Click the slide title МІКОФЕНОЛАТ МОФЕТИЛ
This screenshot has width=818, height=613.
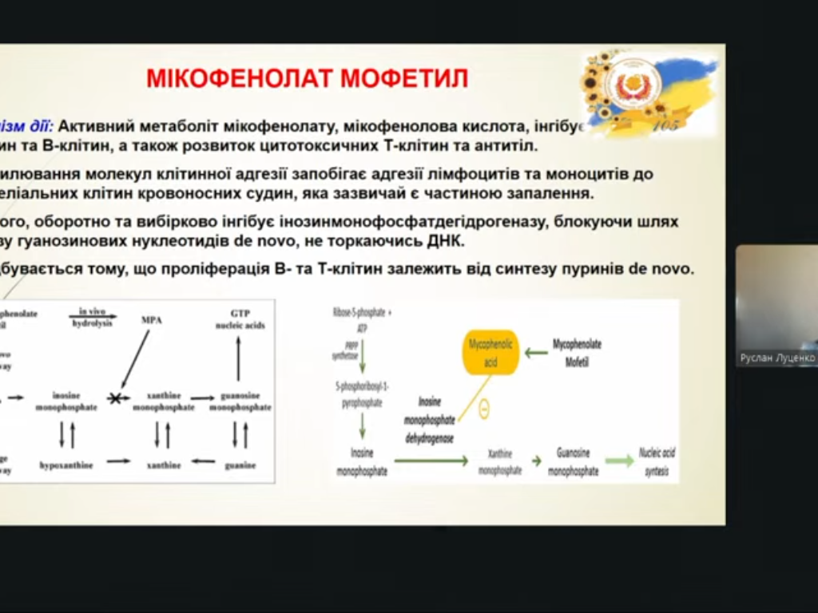307,78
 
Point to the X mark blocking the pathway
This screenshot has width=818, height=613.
116,397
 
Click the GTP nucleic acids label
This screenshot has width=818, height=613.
240,319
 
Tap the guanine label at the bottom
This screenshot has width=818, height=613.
240,465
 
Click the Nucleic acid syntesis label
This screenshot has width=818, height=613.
657,461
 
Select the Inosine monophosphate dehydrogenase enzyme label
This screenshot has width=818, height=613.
430,420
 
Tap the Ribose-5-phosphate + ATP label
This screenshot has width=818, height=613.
362,320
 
